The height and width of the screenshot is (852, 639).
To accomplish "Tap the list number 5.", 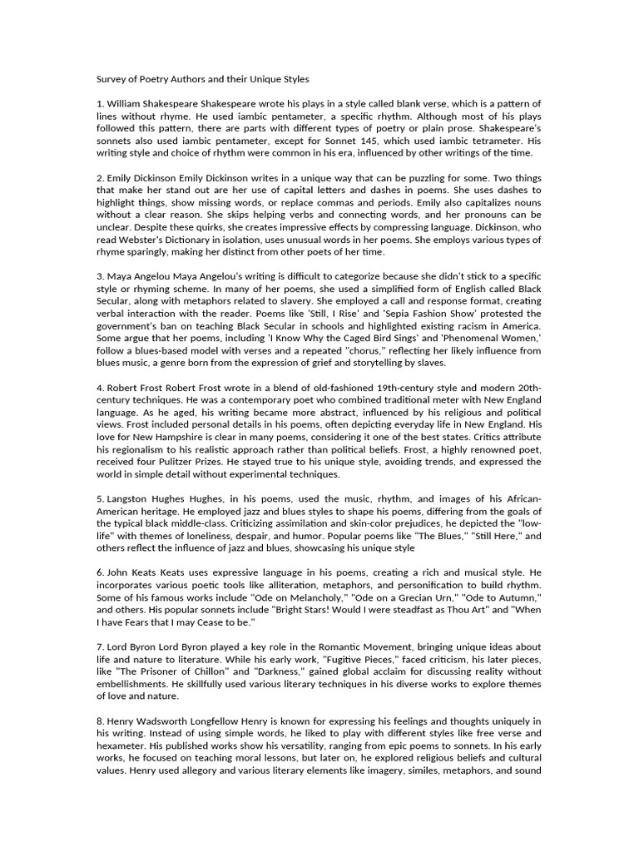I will pos(98,498).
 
